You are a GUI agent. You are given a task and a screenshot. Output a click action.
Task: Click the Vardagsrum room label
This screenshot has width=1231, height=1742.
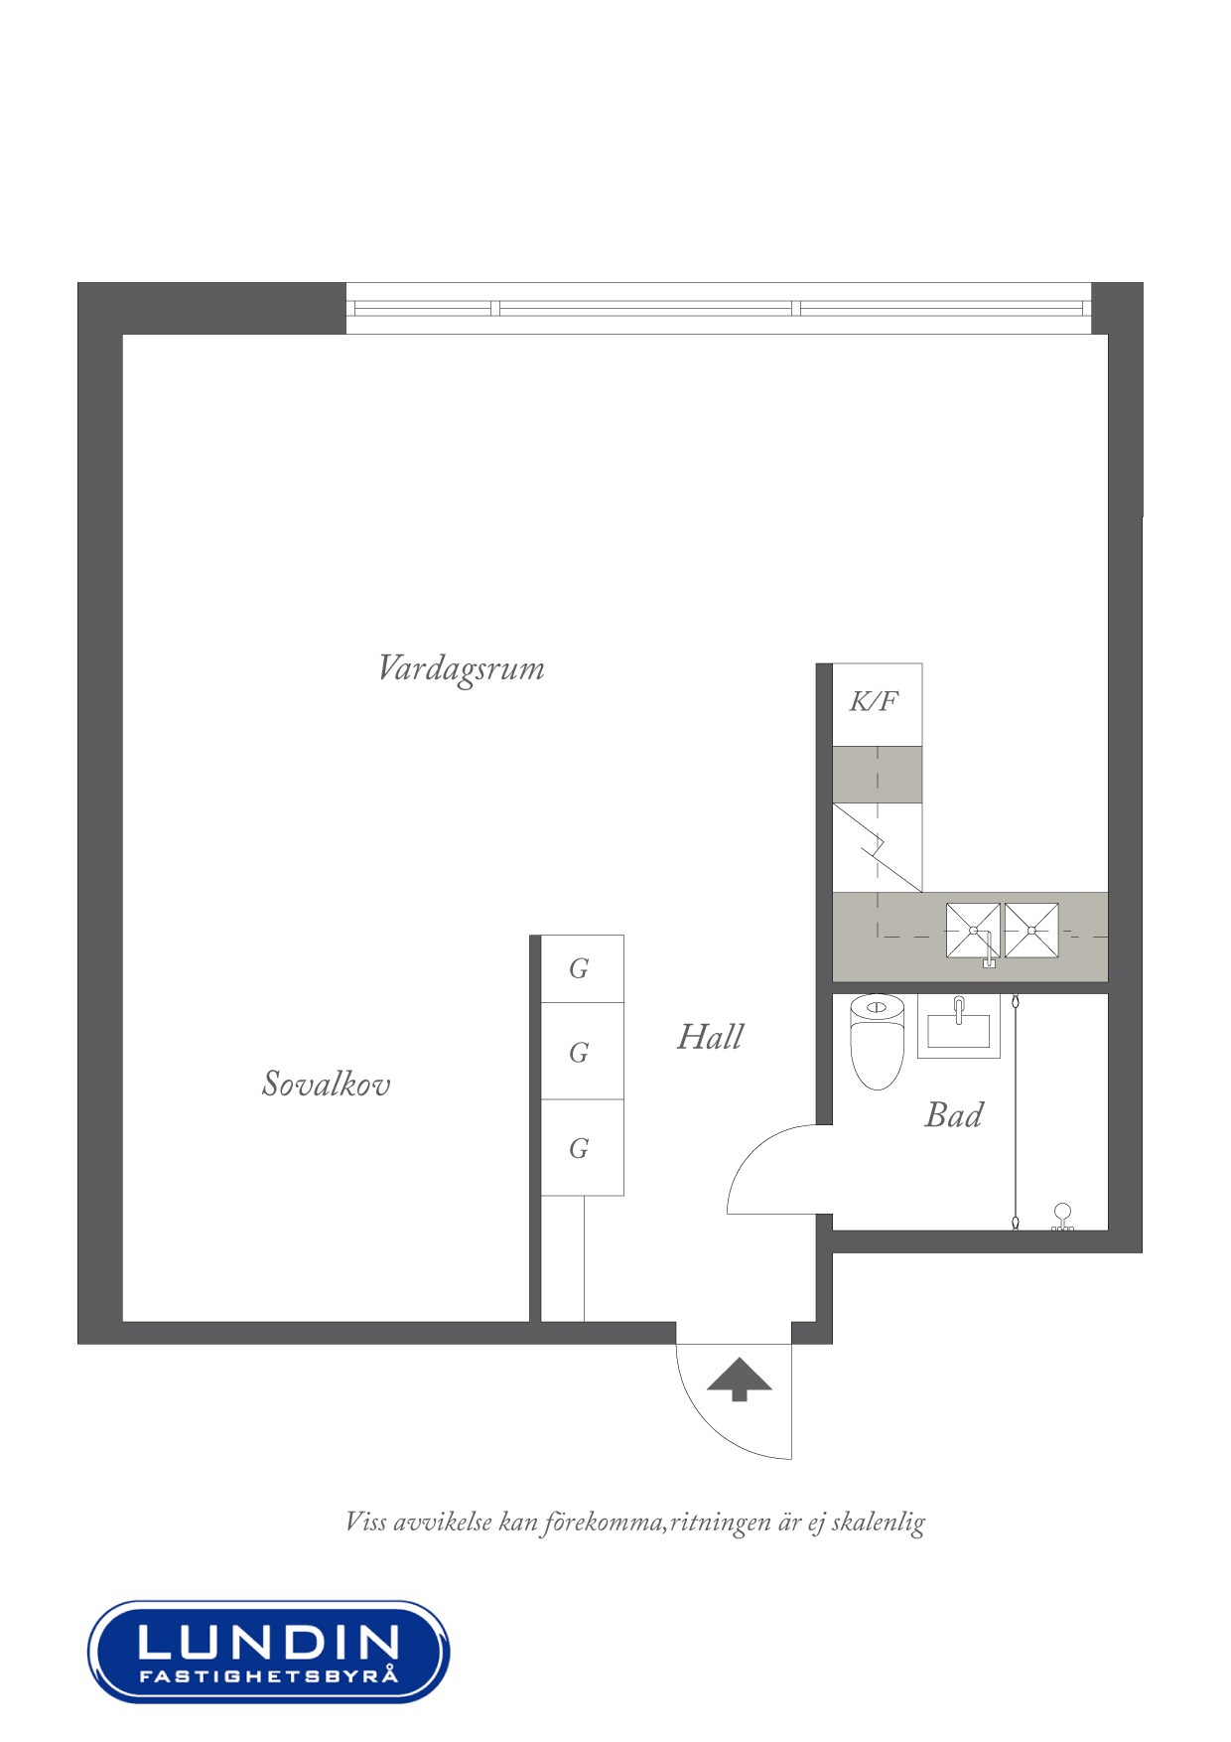[462, 668]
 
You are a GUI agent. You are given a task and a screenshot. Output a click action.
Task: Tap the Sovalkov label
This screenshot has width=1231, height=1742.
[326, 1084]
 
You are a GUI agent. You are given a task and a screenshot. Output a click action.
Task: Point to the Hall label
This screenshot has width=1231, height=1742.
[710, 1038]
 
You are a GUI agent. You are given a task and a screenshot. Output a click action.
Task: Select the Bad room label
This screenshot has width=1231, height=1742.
[953, 1115]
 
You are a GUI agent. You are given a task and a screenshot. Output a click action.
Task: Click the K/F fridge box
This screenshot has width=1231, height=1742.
[876, 703]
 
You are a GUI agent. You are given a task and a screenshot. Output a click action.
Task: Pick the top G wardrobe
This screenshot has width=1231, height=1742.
[581, 968]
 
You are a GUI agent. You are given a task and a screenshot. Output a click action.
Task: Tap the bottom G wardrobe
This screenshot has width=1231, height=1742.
[581, 1148]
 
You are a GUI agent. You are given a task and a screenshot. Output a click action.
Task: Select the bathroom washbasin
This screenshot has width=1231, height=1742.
[958, 1026]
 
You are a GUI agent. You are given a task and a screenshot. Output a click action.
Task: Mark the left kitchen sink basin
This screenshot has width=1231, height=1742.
[973, 931]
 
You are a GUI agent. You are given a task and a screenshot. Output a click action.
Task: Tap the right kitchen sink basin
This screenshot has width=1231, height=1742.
[1031, 931]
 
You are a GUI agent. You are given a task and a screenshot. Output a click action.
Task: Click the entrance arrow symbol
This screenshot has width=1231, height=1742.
[739, 1380]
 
